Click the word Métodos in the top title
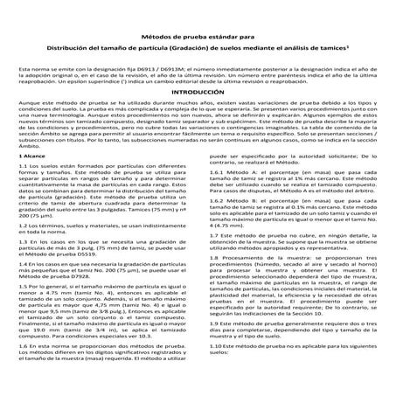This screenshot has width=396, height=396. [166, 36]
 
